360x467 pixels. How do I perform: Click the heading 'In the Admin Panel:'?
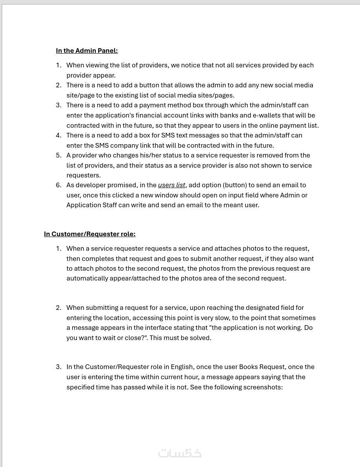(87, 51)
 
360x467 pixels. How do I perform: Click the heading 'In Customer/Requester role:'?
(89, 234)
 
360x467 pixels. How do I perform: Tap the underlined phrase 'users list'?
(171, 185)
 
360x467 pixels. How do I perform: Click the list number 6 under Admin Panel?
(58, 185)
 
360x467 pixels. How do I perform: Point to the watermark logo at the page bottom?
(180, 453)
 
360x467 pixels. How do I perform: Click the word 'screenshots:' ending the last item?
(263, 387)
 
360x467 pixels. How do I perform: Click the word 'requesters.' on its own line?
(84, 175)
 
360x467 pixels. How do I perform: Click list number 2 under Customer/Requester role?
(58, 308)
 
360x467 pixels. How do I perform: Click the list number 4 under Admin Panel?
(58, 135)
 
